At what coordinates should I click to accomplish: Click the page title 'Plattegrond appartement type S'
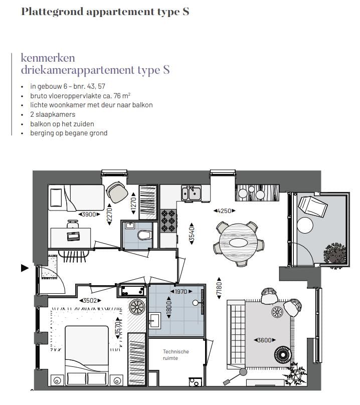pos(105,12)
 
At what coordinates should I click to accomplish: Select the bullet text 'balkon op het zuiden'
pos(62,124)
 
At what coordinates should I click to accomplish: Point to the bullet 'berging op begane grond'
pos(69,133)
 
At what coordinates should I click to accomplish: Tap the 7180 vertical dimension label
pos(219,288)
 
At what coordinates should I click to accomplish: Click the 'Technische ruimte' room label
pos(175,355)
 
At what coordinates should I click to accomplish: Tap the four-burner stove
pos(168,220)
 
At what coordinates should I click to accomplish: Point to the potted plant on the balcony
pos(334,254)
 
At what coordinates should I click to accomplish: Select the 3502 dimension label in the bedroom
pos(91,300)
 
